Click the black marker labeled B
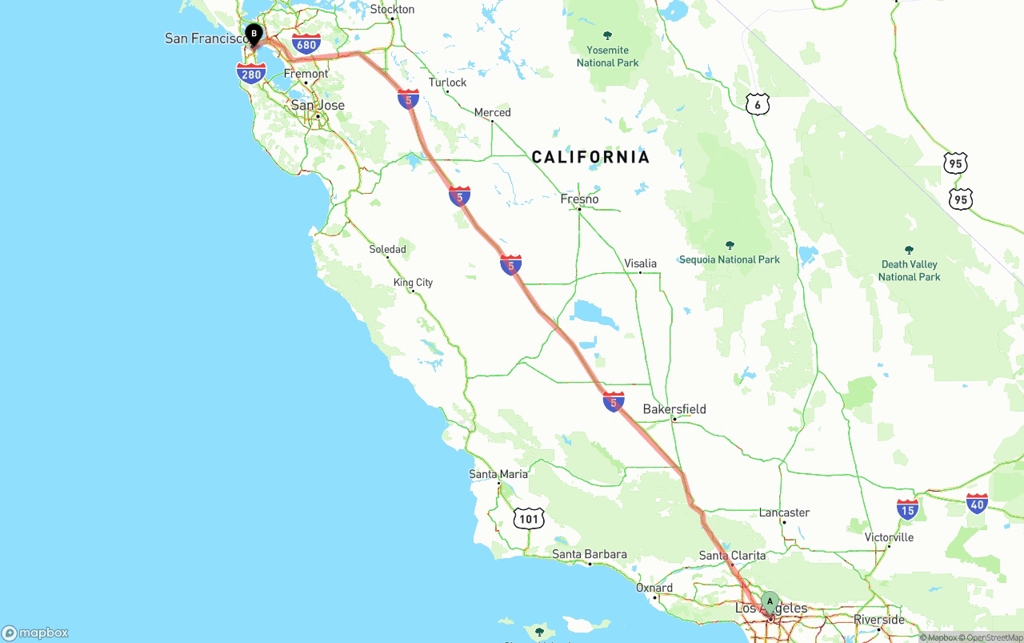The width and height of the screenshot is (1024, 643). pyautogui.click(x=254, y=34)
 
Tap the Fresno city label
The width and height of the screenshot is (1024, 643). pyautogui.click(x=580, y=199)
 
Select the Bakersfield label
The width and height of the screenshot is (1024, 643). pyautogui.click(x=674, y=409)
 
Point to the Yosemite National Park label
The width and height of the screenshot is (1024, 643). pyautogui.click(x=607, y=55)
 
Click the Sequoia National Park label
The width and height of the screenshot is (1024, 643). pyautogui.click(x=729, y=259)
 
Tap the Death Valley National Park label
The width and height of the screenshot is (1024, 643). pyautogui.click(x=909, y=270)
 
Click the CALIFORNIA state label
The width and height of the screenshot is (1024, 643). pyautogui.click(x=590, y=157)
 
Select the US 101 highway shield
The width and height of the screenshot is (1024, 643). pyautogui.click(x=529, y=519)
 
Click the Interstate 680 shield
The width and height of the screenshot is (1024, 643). pyautogui.click(x=306, y=44)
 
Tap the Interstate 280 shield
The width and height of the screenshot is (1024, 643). pyautogui.click(x=251, y=74)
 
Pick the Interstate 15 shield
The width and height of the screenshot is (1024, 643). pyautogui.click(x=907, y=508)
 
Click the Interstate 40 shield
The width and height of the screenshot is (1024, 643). pyautogui.click(x=977, y=503)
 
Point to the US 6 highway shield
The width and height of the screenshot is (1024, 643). pyautogui.click(x=758, y=104)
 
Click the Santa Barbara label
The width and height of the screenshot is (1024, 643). pyautogui.click(x=590, y=554)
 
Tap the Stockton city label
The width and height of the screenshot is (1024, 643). pyautogui.click(x=392, y=10)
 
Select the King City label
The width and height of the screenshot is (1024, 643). pyautogui.click(x=413, y=283)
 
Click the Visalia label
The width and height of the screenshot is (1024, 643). pyautogui.click(x=640, y=263)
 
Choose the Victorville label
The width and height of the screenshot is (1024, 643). pyautogui.click(x=889, y=537)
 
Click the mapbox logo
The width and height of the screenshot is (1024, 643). pyautogui.click(x=35, y=633)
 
